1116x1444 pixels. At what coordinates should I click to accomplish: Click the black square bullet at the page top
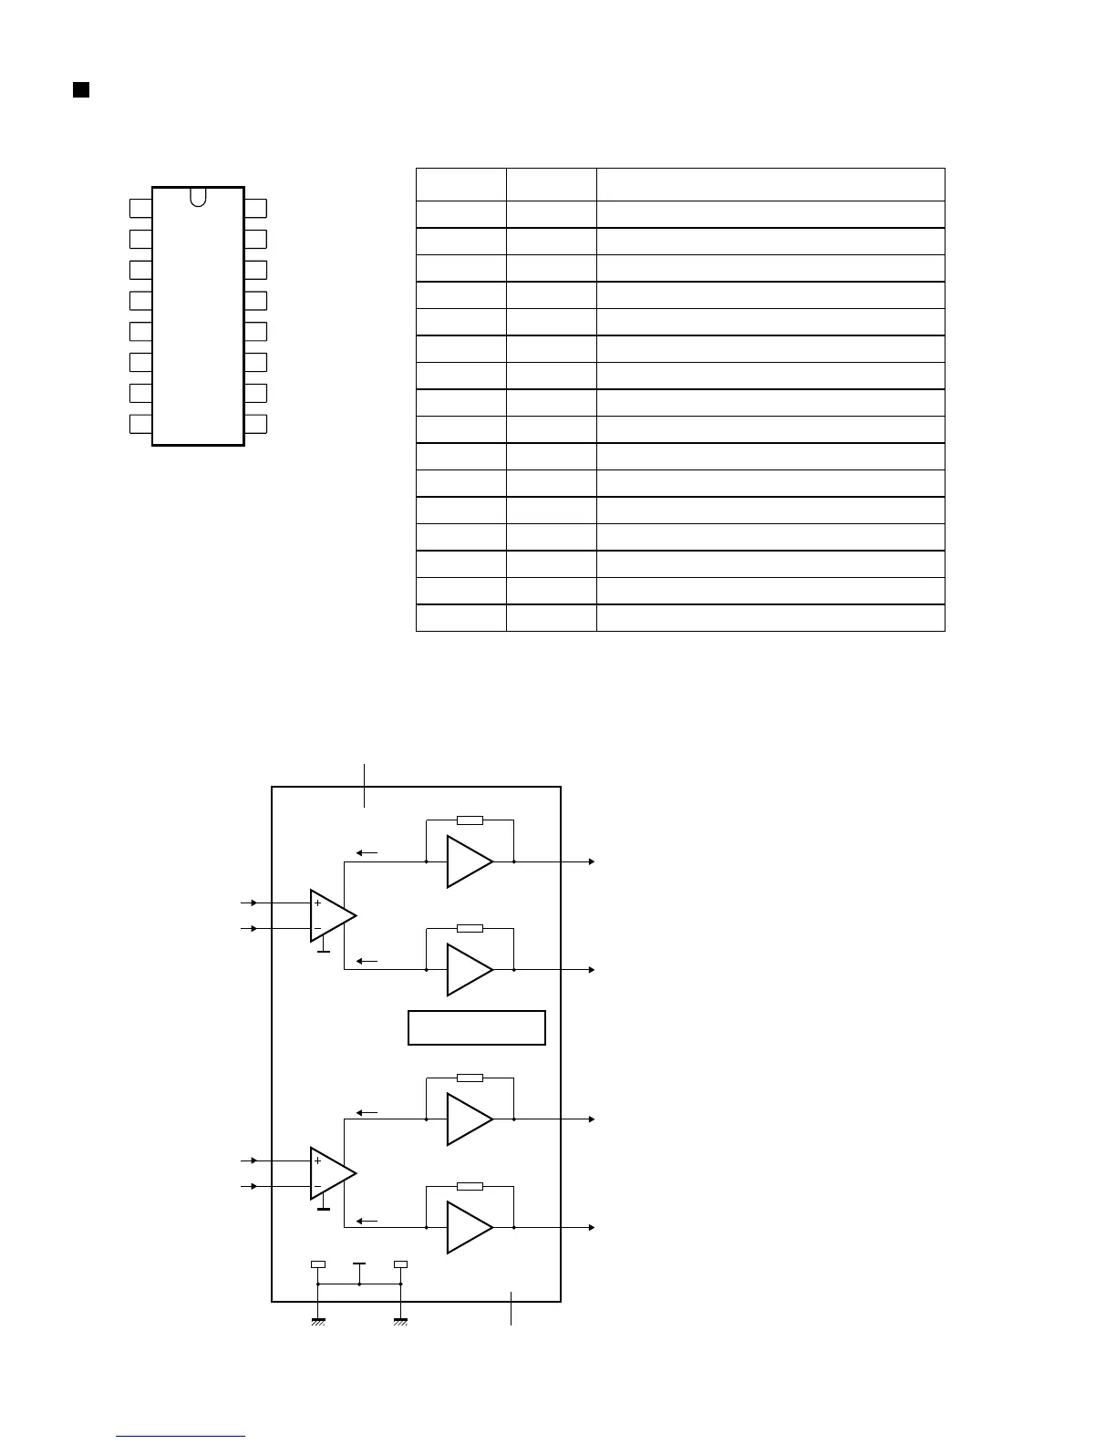(x=81, y=89)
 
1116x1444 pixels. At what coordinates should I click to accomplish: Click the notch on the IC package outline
(x=199, y=195)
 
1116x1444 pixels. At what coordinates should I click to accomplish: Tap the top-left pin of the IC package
(x=140, y=208)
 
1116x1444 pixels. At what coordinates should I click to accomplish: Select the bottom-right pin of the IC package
(x=256, y=424)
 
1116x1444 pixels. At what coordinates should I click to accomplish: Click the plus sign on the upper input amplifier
(x=317, y=902)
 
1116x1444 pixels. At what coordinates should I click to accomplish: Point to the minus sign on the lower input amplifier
(x=317, y=1186)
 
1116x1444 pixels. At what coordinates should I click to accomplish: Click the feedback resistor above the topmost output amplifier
(x=470, y=820)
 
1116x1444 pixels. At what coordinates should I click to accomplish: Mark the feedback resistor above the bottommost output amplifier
(x=470, y=1186)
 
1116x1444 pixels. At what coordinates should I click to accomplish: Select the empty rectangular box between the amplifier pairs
(x=476, y=1026)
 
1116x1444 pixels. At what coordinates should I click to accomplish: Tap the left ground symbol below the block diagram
(x=318, y=1320)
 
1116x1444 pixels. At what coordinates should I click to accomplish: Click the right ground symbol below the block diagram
(x=400, y=1320)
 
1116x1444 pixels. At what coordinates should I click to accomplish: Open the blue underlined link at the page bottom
(x=181, y=1436)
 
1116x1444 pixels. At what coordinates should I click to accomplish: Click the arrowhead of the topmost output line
(x=593, y=861)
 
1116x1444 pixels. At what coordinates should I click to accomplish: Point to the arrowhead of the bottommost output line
(x=593, y=1228)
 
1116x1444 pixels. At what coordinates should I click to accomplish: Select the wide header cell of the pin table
(x=770, y=184)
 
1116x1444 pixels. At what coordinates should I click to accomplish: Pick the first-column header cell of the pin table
(x=461, y=184)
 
